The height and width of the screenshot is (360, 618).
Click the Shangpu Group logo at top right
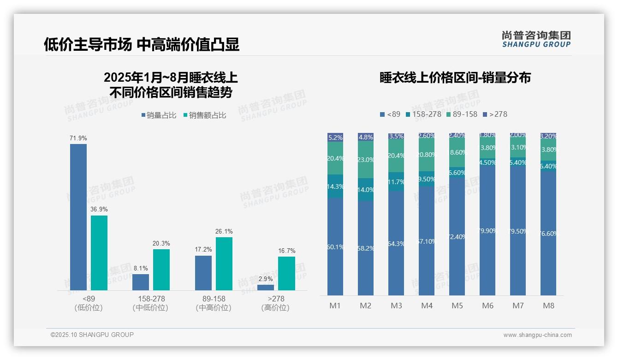(536, 39)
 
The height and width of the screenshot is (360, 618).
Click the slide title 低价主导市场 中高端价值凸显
(141, 44)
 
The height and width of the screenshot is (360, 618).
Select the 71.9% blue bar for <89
(78, 217)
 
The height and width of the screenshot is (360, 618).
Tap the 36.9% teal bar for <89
(99, 252)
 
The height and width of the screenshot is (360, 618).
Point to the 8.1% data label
(140, 268)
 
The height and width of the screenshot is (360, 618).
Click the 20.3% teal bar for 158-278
(161, 270)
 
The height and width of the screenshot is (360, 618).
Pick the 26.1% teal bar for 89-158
(224, 264)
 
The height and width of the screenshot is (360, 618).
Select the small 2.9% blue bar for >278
(266, 288)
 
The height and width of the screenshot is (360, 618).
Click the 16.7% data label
(286, 251)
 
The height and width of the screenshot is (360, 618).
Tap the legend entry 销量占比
(159, 115)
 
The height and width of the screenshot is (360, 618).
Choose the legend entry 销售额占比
(205, 115)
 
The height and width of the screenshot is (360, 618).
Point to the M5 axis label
(457, 306)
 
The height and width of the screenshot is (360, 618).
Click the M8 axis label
(548, 306)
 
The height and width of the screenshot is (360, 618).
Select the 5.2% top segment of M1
(335, 137)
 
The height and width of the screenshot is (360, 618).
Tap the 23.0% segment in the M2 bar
(366, 160)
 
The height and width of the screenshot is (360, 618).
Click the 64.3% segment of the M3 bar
(396, 243)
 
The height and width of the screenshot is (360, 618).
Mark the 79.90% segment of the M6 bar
(487, 231)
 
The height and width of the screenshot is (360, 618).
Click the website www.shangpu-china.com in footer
(537, 335)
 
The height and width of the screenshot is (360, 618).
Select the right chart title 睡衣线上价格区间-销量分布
(455, 78)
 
